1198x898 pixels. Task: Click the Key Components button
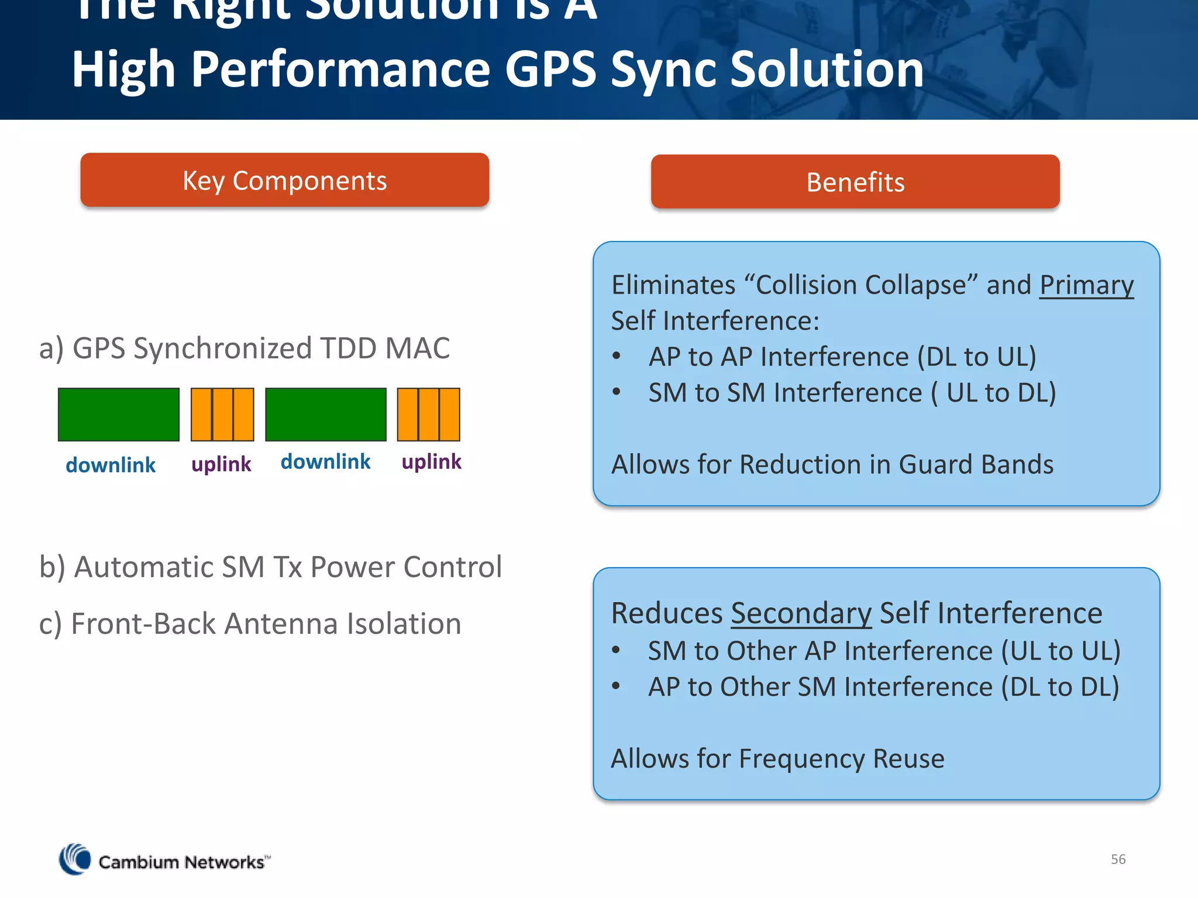pyautogui.click(x=284, y=180)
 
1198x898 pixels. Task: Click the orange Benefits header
pyautogui.click(x=855, y=182)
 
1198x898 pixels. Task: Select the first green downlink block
pyautogui.click(x=119, y=415)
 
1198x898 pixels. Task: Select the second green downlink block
pyautogui.click(x=326, y=415)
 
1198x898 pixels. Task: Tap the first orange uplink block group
pyautogui.click(x=222, y=415)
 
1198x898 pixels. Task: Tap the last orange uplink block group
pyautogui.click(x=428, y=415)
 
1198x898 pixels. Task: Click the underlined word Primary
pyautogui.click(x=1086, y=285)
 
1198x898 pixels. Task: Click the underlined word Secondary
pyautogui.click(x=801, y=613)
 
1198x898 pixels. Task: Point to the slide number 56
pyautogui.click(x=1118, y=859)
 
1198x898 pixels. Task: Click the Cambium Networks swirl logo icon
pyautogui.click(x=75, y=859)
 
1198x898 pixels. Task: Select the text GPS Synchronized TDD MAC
pyautogui.click(x=261, y=348)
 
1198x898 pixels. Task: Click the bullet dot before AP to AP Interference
pyautogui.click(x=616, y=356)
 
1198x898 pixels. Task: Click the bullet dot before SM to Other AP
pyautogui.click(x=616, y=650)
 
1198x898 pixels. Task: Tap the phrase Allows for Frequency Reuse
pyautogui.click(x=777, y=759)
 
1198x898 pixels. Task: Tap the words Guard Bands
pyautogui.click(x=976, y=465)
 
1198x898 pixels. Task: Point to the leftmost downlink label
pyautogui.click(x=111, y=465)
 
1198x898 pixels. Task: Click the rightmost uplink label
pyautogui.click(x=431, y=462)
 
